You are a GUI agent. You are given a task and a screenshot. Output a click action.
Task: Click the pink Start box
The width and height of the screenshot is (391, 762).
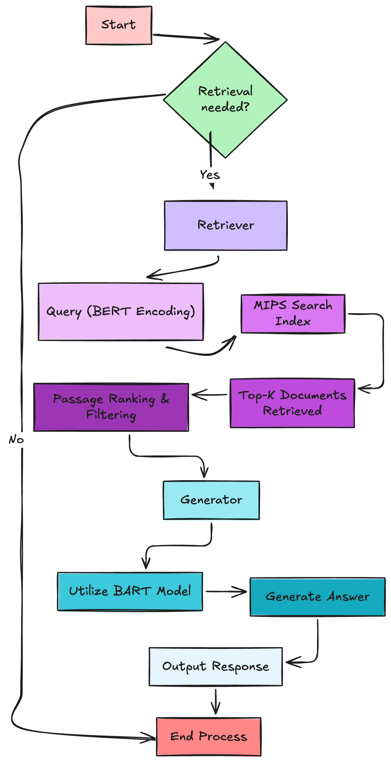coord(119,25)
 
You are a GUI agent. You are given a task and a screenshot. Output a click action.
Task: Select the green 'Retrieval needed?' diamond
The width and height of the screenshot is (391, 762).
coord(225,100)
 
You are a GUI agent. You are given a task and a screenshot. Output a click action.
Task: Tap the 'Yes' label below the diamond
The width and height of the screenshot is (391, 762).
coord(210,175)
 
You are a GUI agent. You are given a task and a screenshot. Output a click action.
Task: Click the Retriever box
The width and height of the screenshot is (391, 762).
coord(226,225)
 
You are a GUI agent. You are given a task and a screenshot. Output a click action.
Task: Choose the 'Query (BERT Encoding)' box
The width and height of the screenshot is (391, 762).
coord(121,312)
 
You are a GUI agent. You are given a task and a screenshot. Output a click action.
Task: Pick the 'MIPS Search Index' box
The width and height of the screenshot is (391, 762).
coord(293,314)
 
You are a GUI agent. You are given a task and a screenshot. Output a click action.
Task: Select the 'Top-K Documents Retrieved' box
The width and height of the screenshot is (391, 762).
coord(292,403)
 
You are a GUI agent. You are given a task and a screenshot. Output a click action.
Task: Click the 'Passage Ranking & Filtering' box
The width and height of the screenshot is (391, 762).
coord(111,407)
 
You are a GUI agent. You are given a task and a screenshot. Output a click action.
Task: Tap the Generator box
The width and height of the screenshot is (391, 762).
coord(211,500)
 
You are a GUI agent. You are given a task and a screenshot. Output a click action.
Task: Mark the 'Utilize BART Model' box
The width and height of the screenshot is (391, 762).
coord(130,591)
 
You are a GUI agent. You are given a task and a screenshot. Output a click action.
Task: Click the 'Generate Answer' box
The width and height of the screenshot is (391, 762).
coord(318,597)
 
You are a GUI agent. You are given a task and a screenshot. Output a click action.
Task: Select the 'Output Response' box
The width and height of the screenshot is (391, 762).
coord(216,666)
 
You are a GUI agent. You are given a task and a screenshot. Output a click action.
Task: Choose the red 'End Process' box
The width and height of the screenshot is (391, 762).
coord(209,736)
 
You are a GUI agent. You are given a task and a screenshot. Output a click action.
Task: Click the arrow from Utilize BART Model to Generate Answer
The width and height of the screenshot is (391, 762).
coord(226,592)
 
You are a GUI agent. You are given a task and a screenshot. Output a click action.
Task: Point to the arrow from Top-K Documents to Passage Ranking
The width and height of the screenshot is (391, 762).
coord(209,395)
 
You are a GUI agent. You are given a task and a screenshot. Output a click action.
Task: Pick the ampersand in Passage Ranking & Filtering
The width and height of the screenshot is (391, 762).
coord(165,399)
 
